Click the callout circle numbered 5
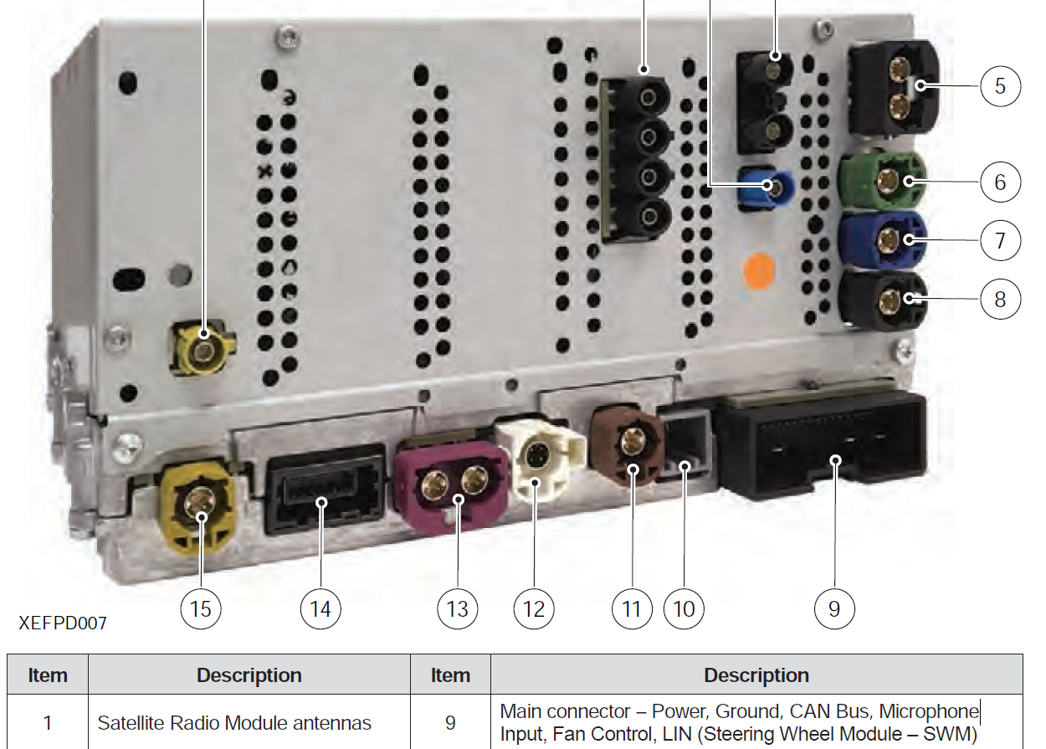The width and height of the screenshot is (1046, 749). (1000, 85)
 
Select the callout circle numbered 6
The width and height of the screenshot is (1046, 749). (1000, 182)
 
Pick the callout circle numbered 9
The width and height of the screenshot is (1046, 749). (833, 608)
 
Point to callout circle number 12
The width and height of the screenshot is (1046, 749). (534, 608)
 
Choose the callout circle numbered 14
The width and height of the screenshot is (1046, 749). (320, 608)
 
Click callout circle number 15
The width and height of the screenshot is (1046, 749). (201, 608)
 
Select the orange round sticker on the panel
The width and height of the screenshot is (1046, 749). (760, 269)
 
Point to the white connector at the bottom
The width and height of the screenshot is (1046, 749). (539, 458)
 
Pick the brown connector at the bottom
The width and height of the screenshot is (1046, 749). (628, 444)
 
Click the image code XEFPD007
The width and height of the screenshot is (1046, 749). (62, 623)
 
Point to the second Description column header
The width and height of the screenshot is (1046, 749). (756, 675)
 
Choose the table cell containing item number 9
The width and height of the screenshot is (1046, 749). (450, 722)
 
